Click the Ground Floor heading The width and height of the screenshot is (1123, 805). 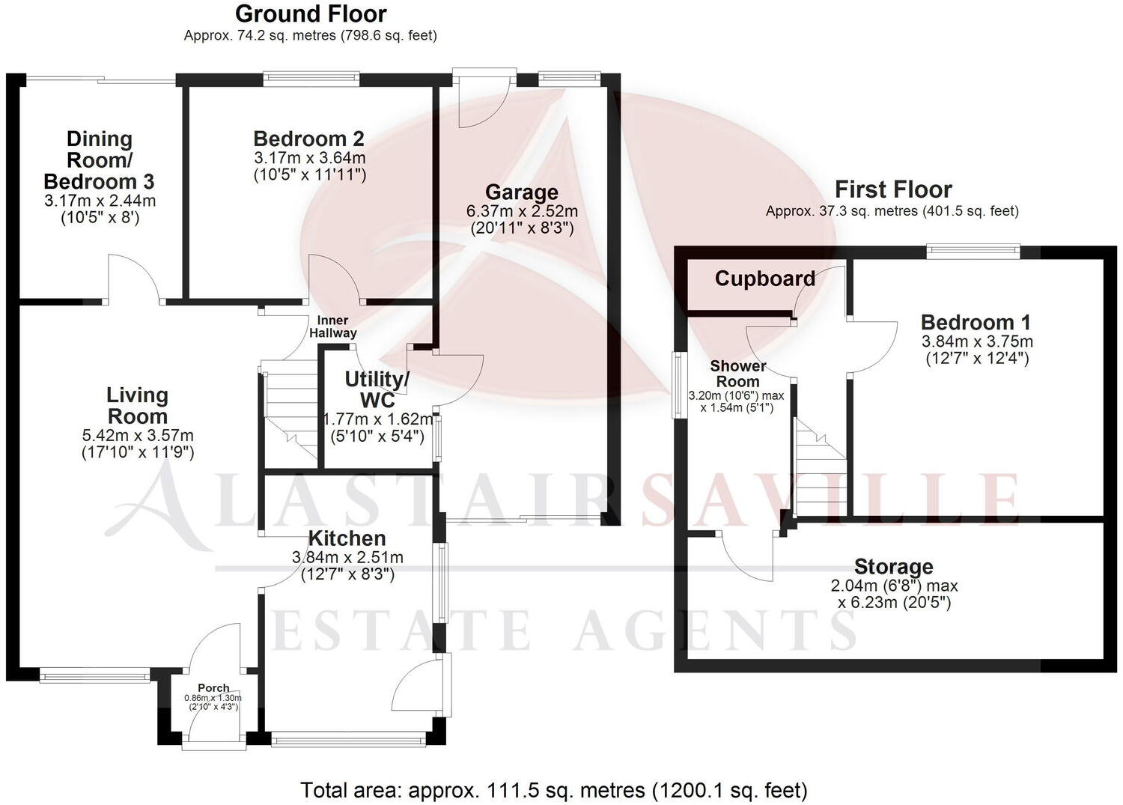point(311,13)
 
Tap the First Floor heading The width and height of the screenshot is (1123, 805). point(893,189)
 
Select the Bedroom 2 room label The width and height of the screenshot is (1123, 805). point(308,139)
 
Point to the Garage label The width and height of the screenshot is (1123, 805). point(521,192)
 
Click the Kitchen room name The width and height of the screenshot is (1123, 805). point(347,538)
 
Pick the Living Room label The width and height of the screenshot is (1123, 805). point(138,405)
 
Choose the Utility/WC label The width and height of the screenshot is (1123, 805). point(377,389)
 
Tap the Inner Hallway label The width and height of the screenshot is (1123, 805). point(333,326)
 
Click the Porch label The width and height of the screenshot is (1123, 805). point(213,687)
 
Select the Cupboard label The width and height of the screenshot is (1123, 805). point(764,279)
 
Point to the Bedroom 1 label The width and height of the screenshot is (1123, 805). point(976,323)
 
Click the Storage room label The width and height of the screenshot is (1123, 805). point(893,567)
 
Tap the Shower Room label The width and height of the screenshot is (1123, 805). point(738,373)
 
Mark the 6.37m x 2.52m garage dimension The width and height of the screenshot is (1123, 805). point(522,212)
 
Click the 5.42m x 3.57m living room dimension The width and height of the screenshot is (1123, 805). point(138,435)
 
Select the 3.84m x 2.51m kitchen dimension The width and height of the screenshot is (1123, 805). point(347,557)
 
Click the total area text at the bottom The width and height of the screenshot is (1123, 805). point(554,789)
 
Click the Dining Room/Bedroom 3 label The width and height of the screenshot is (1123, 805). point(100,160)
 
